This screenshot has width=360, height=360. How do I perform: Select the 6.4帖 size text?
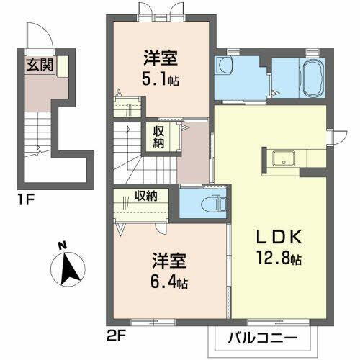pos(171,282)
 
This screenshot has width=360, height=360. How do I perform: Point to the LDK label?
pos(272,238)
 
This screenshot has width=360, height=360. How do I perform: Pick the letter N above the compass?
pos(62,245)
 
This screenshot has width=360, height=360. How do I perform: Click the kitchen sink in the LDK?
pos(284,158)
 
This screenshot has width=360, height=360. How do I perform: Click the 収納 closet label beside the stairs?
pos(158,137)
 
